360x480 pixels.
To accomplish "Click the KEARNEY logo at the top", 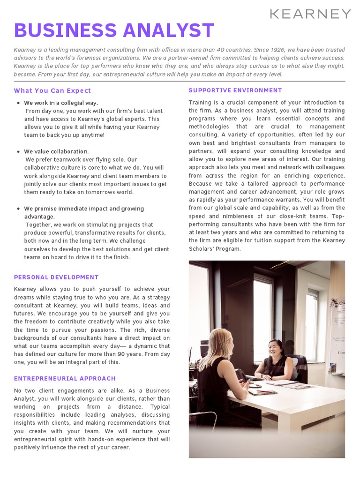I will point(310,14).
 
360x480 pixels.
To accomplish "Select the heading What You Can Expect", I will point(52,90).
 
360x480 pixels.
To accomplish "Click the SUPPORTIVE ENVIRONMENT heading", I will point(235,90).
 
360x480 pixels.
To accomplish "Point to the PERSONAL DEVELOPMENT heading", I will point(56,277).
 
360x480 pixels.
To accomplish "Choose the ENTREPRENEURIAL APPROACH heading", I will point(65,378).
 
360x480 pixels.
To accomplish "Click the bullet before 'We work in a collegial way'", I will point(18,103).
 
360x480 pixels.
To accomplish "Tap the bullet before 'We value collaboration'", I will point(18,152).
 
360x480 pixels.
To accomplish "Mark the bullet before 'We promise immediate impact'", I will point(18,209).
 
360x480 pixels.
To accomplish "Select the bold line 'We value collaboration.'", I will point(56,151).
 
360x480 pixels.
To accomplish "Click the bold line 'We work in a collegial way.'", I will point(61,103).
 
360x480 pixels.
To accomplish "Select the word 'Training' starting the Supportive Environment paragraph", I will point(200,102).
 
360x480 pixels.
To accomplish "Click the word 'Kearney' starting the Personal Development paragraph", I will point(25,289).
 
